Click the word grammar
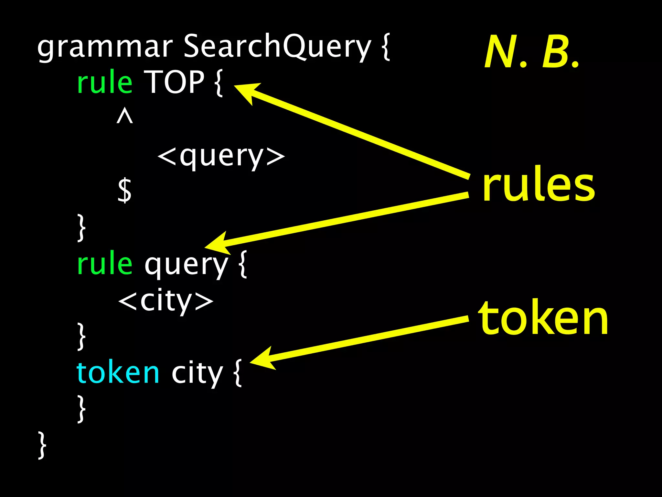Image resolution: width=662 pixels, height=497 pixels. (105, 48)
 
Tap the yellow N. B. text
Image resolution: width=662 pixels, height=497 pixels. (532, 52)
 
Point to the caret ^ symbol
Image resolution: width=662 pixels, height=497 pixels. (125, 116)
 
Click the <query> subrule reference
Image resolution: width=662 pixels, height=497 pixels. (221, 157)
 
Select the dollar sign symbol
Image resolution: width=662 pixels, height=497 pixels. (125, 190)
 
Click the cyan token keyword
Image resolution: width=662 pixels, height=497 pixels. (118, 373)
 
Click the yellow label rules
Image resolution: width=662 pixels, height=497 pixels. (538, 185)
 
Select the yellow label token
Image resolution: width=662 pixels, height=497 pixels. (543, 318)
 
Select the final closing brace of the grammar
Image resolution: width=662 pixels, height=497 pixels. (42, 445)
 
